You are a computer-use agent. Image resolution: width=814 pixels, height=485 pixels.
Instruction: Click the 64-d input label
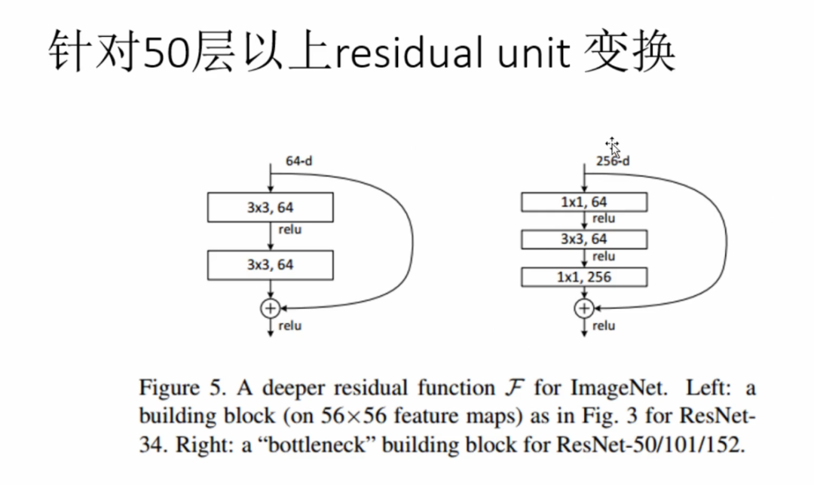click(299, 161)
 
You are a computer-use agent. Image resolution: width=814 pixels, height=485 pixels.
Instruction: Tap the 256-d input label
click(612, 160)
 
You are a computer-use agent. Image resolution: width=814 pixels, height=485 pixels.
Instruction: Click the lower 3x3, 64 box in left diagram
click(270, 265)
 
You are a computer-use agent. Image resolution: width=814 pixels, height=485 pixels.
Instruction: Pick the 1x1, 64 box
click(583, 202)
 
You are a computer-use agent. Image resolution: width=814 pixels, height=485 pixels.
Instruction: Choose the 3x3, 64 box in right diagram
click(583, 239)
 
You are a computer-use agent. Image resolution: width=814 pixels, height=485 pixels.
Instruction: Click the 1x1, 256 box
click(583, 277)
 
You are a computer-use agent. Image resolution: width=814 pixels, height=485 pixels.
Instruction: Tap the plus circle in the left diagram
click(270, 307)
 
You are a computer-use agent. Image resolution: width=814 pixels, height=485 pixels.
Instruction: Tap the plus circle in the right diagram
click(583, 307)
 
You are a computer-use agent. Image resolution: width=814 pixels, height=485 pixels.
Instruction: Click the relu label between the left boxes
click(290, 229)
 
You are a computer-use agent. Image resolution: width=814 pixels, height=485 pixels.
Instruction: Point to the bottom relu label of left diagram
click(290, 326)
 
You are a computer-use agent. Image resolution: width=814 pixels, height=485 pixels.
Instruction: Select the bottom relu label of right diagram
click(604, 326)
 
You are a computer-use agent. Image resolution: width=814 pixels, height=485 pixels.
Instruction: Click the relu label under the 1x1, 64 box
click(604, 219)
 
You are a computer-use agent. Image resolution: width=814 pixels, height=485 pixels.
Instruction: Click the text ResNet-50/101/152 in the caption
click(650, 444)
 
